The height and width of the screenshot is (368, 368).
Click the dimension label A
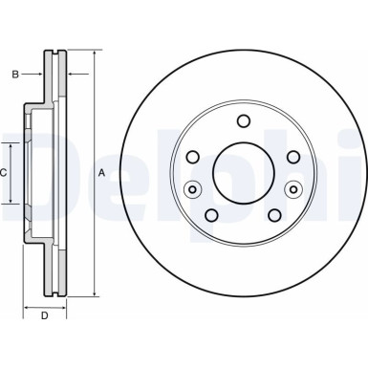tap(101, 173)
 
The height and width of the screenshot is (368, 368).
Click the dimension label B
tap(15, 75)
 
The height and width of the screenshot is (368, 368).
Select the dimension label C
tap(3, 173)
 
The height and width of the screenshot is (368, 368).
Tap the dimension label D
tap(45, 315)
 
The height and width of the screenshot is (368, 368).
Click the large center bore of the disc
tap(244, 173)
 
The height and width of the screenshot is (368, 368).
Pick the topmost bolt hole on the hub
tap(244, 121)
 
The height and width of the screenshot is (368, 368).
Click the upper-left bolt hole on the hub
tap(193, 157)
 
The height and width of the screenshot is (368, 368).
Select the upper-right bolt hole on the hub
tap(293, 157)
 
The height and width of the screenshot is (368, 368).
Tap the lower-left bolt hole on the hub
tap(211, 215)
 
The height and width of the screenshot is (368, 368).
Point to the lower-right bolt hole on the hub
tap(274, 215)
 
